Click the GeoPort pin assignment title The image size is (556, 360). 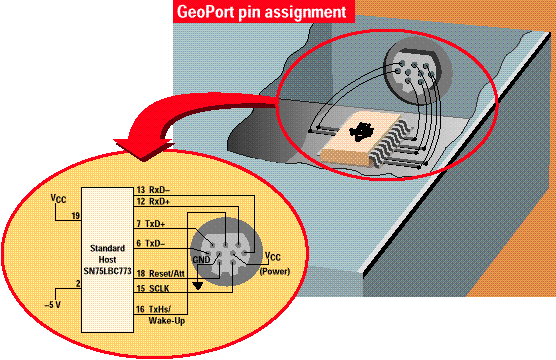coord(261,12)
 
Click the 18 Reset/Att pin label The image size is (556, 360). coord(161,273)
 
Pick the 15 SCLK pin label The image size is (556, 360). coord(153,288)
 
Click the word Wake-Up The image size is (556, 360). coord(167,321)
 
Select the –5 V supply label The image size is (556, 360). coord(52,305)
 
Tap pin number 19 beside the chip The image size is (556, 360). coord(76,216)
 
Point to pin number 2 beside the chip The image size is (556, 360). coord(78,283)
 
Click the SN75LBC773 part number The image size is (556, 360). coord(107,271)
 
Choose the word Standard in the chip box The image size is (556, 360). coord(107,248)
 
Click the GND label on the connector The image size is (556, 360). coord(201,260)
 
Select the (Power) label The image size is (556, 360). coord(275,272)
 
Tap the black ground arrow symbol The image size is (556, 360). coord(198,286)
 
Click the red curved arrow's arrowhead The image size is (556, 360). coord(144,149)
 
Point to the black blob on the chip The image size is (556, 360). coord(361,132)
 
